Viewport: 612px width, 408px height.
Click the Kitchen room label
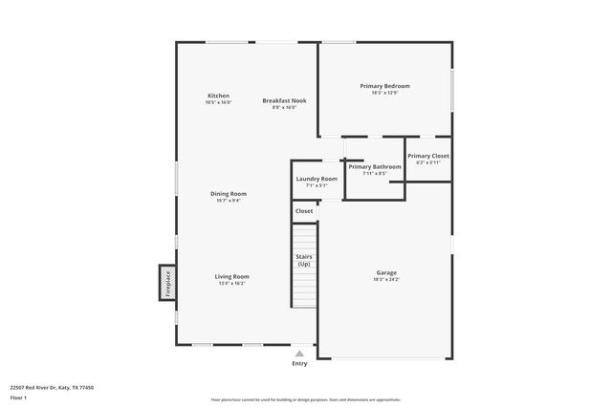point(218,96)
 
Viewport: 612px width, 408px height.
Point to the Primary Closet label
point(427,155)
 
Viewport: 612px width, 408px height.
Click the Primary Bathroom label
point(375,166)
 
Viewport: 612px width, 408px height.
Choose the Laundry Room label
point(317,179)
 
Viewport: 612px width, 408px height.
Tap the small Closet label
point(304,210)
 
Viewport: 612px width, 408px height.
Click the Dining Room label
point(228,194)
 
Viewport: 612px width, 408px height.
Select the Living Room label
point(233,276)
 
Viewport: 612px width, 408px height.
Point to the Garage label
point(386,272)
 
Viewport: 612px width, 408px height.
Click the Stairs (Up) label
point(304,260)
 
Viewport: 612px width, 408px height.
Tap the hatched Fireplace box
point(165,284)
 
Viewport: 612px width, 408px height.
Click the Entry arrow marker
point(299,354)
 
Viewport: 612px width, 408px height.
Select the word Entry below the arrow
point(299,363)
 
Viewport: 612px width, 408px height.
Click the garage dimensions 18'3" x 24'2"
point(386,279)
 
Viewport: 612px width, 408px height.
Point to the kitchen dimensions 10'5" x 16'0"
point(218,102)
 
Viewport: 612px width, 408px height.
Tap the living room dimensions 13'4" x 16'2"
point(233,283)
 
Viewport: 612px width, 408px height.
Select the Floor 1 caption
point(18,397)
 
